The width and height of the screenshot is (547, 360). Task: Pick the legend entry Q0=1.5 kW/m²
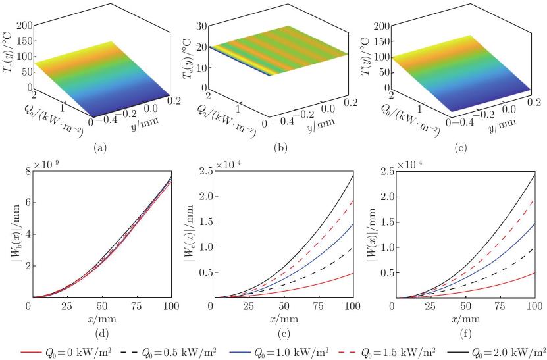tap(387, 351)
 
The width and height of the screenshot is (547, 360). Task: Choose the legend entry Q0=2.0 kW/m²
tap(499, 351)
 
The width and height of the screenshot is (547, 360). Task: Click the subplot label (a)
tap(100, 148)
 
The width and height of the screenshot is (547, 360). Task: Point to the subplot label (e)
tap(283, 334)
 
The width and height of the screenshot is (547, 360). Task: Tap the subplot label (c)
tap(461, 148)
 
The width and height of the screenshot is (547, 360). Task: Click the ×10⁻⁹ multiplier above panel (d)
tap(46, 165)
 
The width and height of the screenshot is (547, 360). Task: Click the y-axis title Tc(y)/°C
tap(188, 55)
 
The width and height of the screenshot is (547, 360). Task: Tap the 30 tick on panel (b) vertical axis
tap(201, 26)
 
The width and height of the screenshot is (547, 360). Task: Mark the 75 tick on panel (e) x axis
tap(318, 306)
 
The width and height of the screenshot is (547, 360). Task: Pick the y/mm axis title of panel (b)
tap(321, 124)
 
